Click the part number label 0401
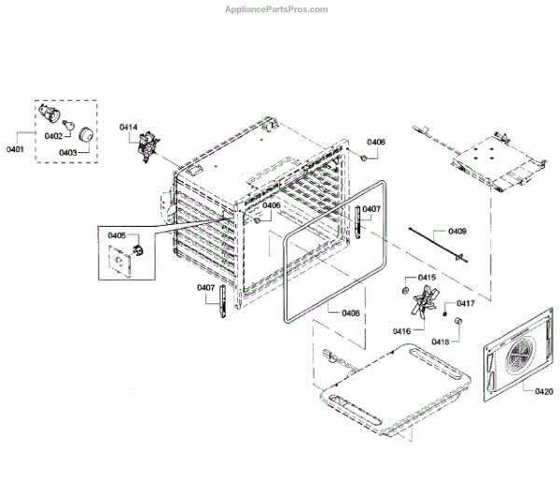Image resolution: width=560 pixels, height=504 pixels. pos(16,148)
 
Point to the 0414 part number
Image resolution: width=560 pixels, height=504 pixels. pos(128,127)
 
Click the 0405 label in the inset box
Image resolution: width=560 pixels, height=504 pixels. pos(117,236)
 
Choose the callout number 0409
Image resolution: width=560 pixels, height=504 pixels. pos(457,231)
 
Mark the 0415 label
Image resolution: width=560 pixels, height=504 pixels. pos(427,278)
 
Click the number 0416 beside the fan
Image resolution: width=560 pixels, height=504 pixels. pos(403,330)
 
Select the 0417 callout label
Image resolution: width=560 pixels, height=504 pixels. pos(465,303)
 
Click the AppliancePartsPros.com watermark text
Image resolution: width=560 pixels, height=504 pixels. pos(278,9)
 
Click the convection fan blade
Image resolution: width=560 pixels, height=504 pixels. pos(427,306)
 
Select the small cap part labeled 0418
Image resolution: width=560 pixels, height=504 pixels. pos(459,321)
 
